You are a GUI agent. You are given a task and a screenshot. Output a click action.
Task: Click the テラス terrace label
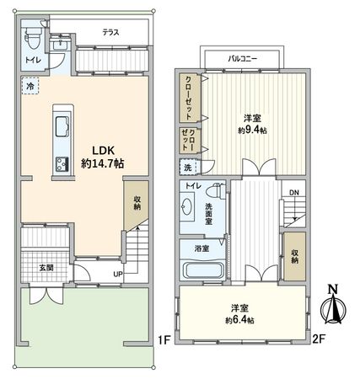point(110,33)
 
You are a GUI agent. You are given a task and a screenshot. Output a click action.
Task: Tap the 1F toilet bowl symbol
point(33,39)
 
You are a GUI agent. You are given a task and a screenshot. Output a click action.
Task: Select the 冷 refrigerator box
point(30,86)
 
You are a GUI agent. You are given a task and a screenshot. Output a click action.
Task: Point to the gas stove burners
point(62,164)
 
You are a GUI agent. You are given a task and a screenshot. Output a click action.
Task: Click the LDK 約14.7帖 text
point(103,157)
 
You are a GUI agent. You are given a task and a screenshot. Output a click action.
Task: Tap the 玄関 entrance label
point(46,268)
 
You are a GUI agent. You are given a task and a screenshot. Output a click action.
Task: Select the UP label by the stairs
point(118,274)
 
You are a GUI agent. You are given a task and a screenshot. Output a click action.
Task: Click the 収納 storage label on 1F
point(137,203)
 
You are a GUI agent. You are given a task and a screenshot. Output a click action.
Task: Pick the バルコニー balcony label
point(242,59)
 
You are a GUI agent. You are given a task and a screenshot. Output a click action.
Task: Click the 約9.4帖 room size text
point(252,131)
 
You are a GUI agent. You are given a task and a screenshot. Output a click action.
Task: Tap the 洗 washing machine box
point(188,168)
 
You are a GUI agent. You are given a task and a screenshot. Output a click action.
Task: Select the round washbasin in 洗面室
point(186,207)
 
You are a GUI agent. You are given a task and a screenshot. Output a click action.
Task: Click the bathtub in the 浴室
point(203,270)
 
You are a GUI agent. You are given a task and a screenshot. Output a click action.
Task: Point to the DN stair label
point(294,193)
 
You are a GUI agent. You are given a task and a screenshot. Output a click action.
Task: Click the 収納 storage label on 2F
point(294,256)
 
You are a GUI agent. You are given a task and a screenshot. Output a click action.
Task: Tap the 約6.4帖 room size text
point(240,320)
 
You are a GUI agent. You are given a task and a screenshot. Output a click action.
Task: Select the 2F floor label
point(319,339)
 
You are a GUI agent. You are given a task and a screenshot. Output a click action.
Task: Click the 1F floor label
point(164,340)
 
